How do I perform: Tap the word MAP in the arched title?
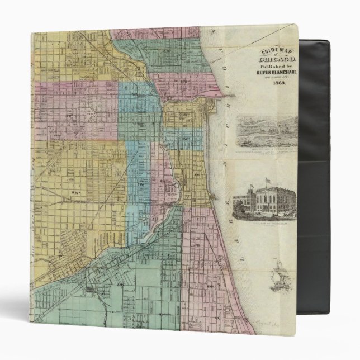point(289,51)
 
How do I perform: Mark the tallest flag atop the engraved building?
point(267,181)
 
